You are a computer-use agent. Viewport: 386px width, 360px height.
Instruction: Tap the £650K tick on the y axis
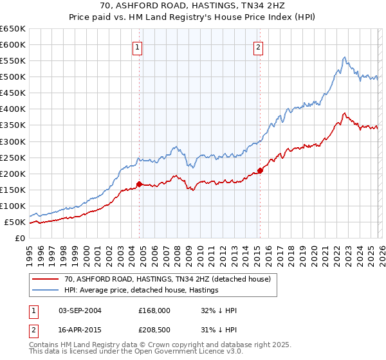(13, 29)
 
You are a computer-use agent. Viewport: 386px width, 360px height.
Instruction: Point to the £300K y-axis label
(13, 141)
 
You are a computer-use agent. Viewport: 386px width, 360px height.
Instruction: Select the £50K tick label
(15, 222)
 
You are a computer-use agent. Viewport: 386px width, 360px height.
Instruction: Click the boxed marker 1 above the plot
(138, 46)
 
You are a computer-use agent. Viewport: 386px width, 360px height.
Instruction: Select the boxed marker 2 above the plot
(258, 46)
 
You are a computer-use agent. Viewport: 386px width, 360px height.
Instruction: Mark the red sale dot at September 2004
(140, 184)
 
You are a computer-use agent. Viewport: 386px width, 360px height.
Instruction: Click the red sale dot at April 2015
(260, 170)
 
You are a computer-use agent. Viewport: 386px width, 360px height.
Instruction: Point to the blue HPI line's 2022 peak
(345, 58)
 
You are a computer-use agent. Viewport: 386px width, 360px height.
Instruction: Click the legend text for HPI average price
(141, 290)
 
